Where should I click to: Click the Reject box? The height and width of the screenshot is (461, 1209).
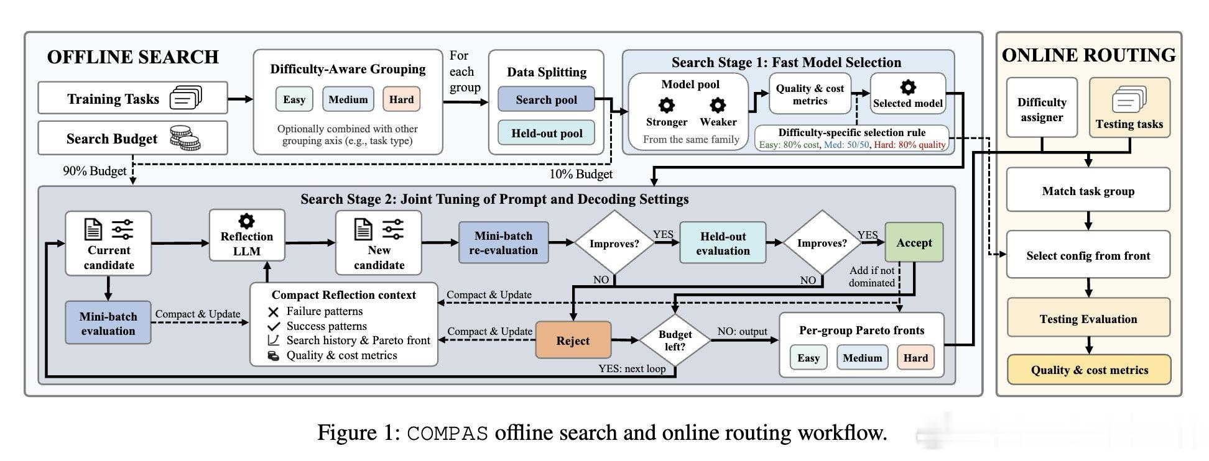573,340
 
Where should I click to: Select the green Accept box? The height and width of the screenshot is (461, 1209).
914,242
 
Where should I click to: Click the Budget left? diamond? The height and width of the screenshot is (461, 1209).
675,340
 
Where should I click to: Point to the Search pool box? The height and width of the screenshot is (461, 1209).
546,99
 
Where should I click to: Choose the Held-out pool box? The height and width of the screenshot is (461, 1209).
546,133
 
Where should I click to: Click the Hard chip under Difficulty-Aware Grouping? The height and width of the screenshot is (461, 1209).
401,99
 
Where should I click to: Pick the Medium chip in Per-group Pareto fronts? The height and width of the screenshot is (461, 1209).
862,358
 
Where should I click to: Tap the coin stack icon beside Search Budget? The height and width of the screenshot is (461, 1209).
185,138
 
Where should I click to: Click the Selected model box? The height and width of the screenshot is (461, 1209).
908,94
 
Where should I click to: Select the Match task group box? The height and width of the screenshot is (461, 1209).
1088,191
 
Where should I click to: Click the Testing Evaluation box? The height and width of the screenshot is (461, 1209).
1088,319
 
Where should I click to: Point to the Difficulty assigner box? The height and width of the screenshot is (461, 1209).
1042,107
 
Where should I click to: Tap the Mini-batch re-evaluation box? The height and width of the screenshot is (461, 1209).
504,243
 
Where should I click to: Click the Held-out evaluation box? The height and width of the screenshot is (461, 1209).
723,243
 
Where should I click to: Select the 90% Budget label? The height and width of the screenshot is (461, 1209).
95,171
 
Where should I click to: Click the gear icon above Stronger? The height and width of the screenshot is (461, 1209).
667,104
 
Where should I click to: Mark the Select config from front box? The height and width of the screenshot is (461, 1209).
1088,255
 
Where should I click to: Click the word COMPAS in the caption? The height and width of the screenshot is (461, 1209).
448,433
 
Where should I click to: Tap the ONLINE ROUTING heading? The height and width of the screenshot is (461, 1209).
1088,55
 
